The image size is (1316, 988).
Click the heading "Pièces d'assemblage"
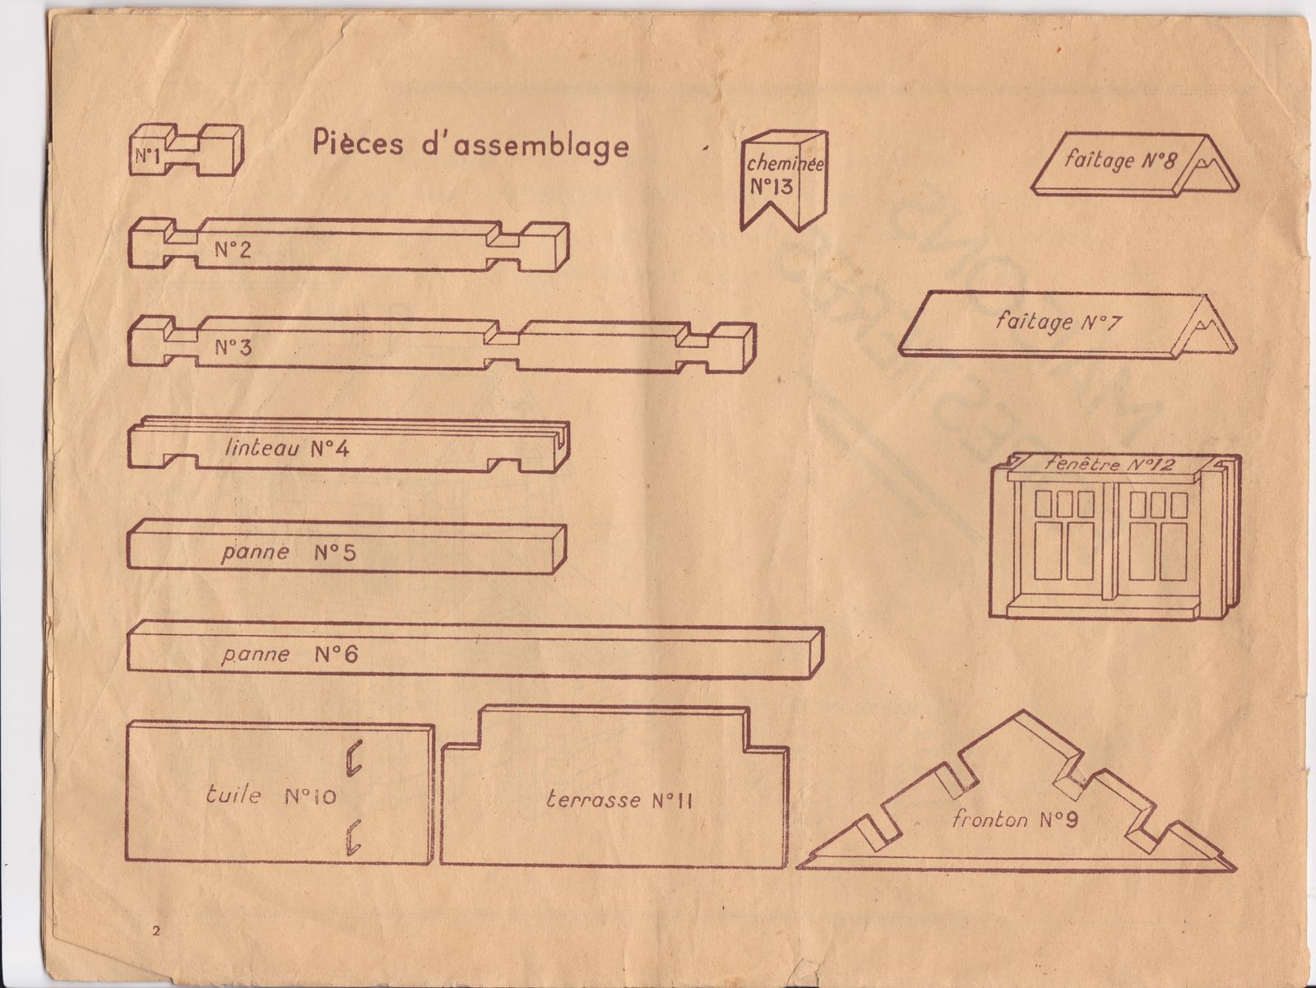click(470, 144)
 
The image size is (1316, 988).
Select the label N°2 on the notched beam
click(233, 249)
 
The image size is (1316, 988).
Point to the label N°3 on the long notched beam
click(233, 347)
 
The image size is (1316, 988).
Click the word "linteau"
click(262, 449)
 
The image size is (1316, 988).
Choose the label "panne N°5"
click(288, 551)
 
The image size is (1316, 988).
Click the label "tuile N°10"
click(271, 796)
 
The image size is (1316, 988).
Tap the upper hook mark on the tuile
click(354, 758)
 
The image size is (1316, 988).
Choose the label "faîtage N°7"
click(1057, 321)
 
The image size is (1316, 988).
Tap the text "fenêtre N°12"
click(1110, 464)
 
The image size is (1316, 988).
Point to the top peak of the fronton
click(1023, 715)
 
